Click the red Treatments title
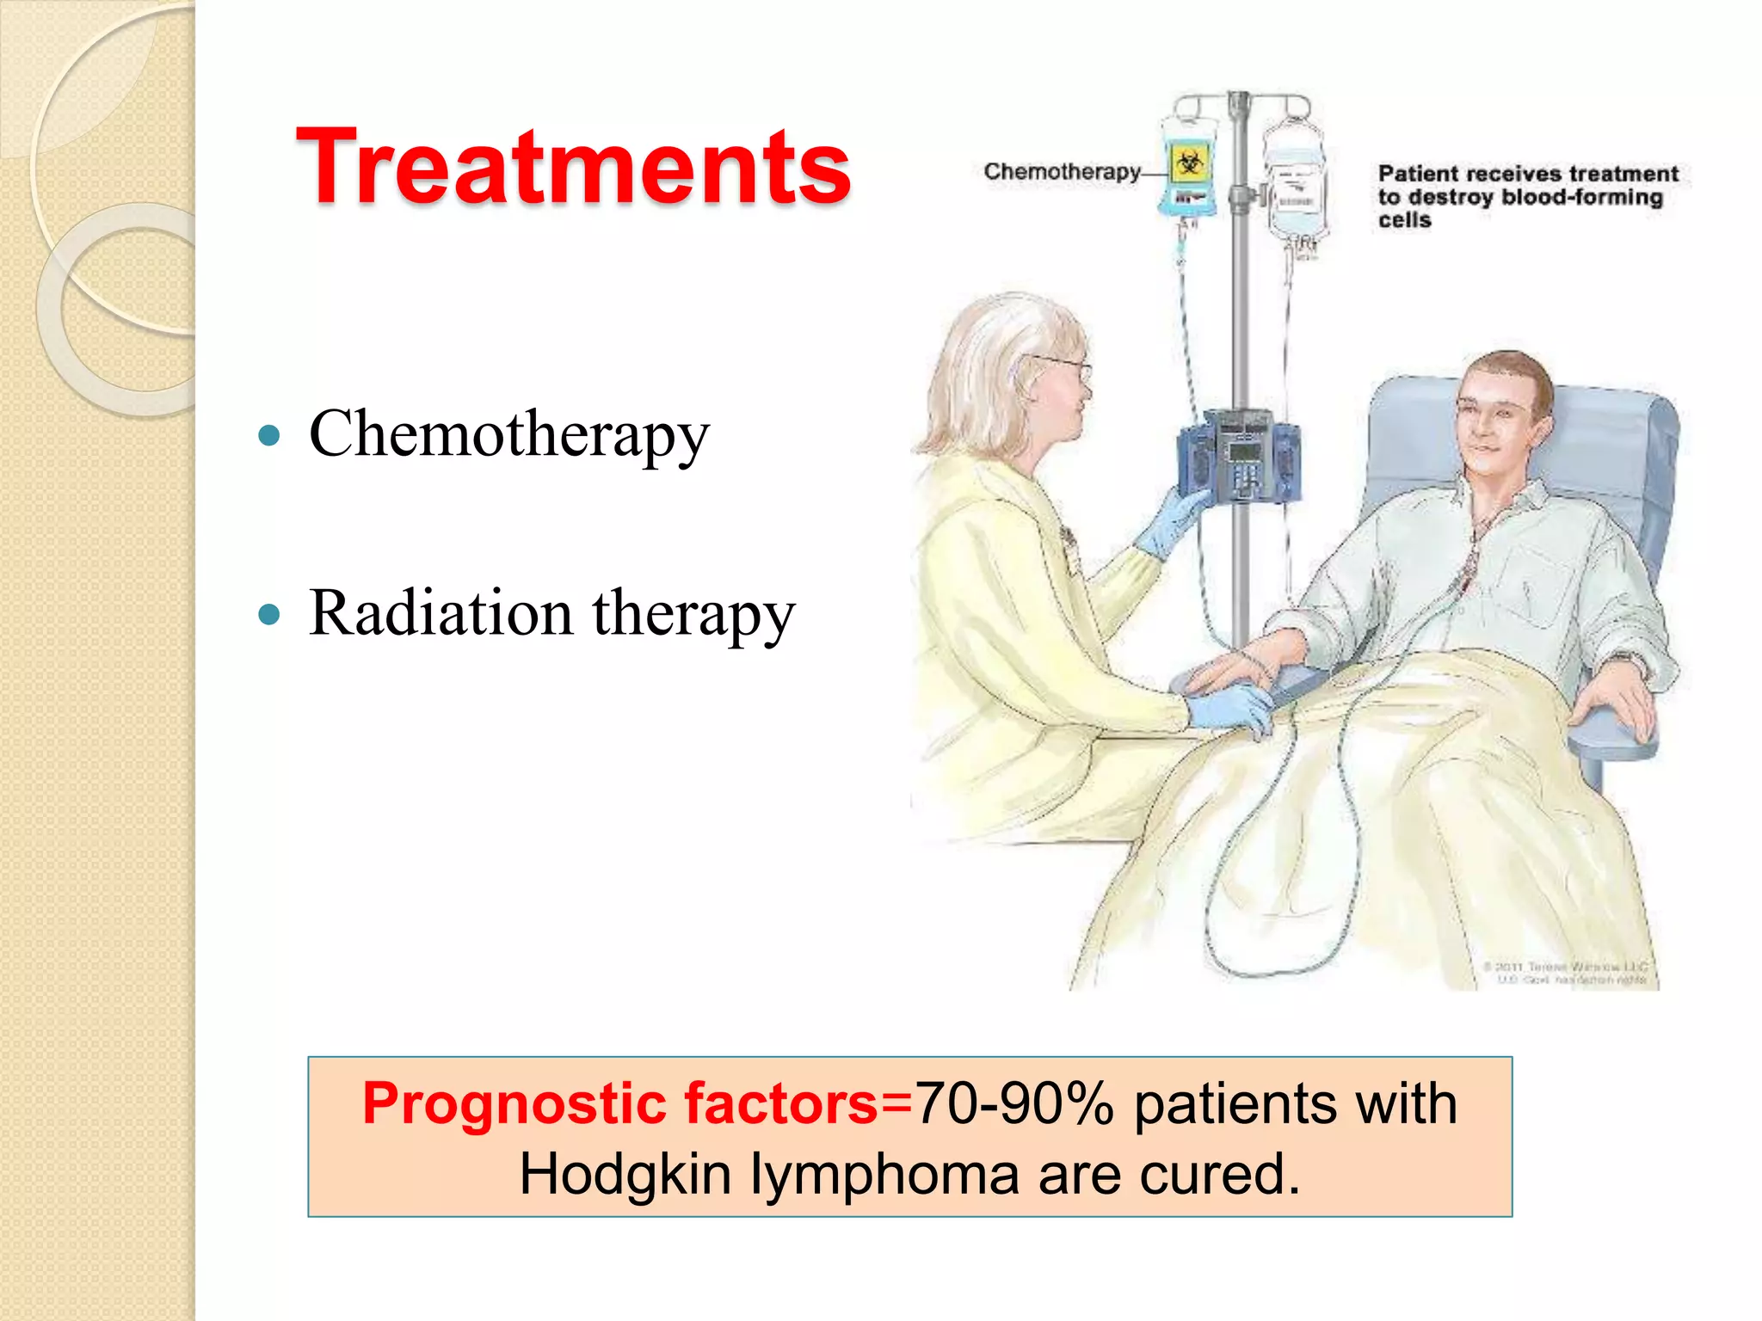[573, 167]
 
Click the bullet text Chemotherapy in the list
[509, 434]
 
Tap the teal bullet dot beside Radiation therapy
[269, 614]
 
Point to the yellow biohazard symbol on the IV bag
[1190, 163]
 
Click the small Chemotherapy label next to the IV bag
[1062, 172]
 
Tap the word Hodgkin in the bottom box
[625, 1175]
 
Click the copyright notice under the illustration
[1566, 973]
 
